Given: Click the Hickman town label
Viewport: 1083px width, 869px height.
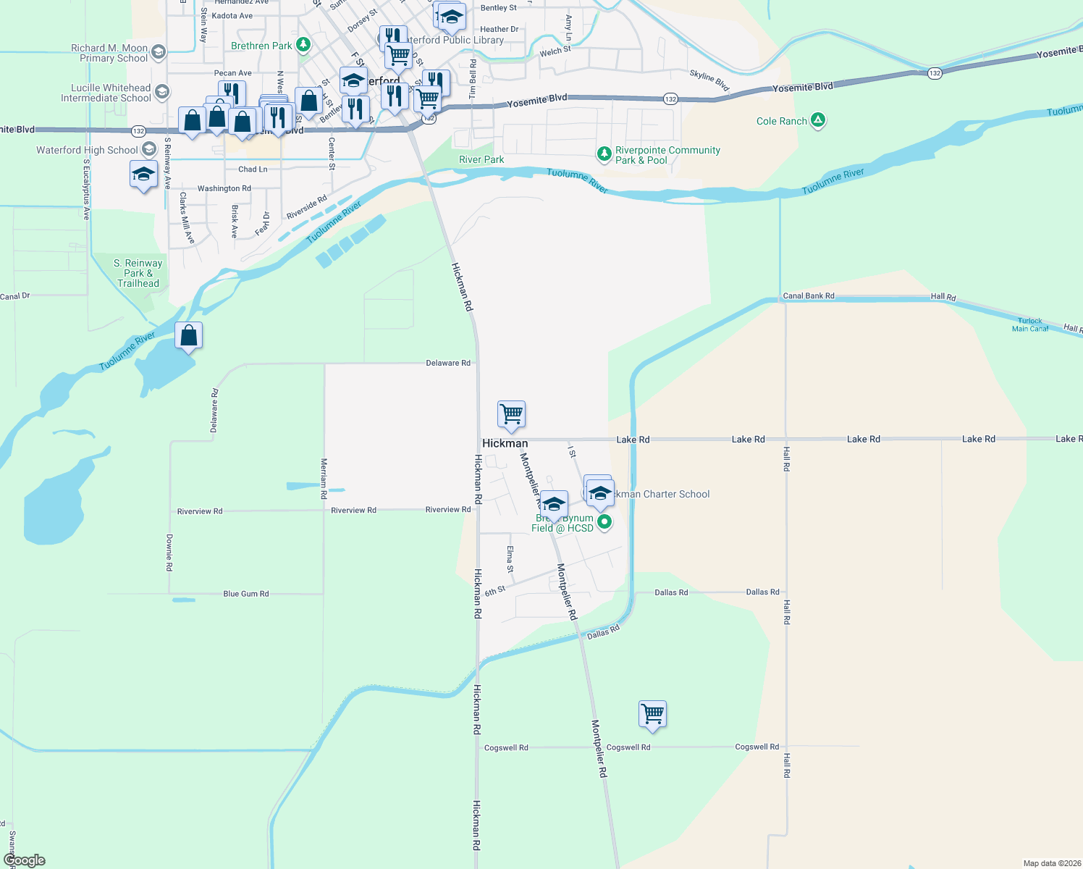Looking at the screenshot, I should [x=505, y=443].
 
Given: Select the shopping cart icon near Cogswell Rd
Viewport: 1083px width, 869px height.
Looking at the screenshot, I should [x=652, y=714].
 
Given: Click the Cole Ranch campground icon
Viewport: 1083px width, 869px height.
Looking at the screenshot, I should [x=818, y=120].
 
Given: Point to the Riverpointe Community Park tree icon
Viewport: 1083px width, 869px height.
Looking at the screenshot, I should [x=604, y=154].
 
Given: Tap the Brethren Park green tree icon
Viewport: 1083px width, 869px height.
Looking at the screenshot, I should [x=303, y=45].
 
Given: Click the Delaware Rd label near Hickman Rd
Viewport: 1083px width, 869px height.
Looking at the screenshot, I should [x=447, y=363].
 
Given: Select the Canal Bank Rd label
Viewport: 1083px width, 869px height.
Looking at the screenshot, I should [x=808, y=295].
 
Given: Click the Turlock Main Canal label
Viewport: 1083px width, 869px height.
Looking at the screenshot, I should [x=1029, y=324].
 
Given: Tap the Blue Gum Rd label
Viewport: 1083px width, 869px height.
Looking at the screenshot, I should [x=245, y=594].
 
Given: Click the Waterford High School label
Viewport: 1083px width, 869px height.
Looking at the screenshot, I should [x=87, y=150].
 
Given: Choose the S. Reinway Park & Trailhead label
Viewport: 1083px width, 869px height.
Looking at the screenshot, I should [x=138, y=273].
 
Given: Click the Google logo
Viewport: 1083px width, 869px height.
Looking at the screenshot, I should [x=24, y=860].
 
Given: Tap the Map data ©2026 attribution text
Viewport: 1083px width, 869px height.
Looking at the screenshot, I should [x=1051, y=863].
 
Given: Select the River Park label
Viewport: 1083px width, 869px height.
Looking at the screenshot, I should [x=481, y=159].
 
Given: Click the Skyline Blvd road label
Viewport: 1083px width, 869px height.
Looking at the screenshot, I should [x=709, y=80].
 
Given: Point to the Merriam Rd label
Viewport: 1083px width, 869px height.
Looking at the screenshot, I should [x=324, y=478].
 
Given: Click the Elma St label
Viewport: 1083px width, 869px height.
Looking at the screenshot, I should [x=510, y=559].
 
